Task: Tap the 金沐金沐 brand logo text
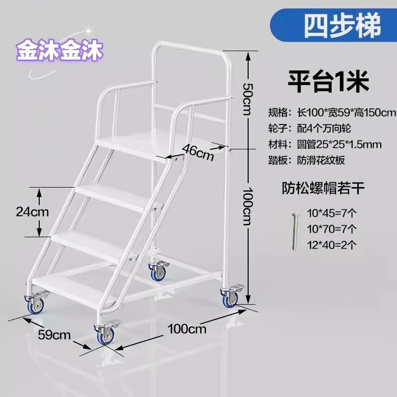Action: (59, 50)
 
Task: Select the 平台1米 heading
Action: (329, 81)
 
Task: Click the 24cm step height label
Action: (32, 212)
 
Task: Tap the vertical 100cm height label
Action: (247, 205)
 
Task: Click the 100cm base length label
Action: (187, 328)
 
